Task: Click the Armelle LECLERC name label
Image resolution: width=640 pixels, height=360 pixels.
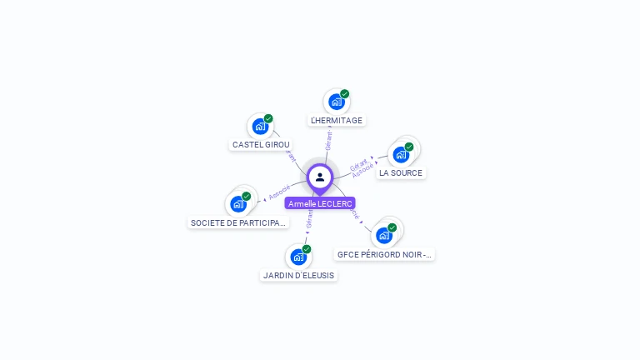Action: [320, 203]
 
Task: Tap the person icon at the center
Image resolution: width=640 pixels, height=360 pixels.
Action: [320, 177]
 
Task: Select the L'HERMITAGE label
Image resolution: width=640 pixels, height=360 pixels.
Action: [337, 120]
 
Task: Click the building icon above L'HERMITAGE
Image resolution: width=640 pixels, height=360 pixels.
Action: [336, 102]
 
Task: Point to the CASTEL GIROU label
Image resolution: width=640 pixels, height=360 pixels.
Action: [261, 144]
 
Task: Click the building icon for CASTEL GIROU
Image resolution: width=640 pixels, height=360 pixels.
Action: [260, 127]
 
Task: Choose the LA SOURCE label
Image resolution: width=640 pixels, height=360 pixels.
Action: [401, 172]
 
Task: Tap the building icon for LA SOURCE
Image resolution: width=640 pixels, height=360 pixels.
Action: [401, 155]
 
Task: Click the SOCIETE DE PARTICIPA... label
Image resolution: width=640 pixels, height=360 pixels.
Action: [239, 222]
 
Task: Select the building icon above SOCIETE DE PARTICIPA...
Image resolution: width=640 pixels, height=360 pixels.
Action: [238, 204]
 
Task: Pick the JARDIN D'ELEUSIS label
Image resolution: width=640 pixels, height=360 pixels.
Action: [298, 275]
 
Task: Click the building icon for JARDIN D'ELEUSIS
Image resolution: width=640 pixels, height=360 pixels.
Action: [298, 257]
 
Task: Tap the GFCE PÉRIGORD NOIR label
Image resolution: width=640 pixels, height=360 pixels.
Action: [385, 254]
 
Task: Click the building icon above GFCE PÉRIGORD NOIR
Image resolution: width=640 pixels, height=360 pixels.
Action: [384, 235]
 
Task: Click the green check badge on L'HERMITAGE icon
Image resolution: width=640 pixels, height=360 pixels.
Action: [345, 93]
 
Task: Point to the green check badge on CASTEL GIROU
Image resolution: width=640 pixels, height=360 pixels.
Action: [268, 118]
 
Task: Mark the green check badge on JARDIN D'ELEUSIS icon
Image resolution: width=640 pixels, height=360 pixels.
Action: [307, 249]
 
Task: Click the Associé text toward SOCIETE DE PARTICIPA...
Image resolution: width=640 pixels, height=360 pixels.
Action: [280, 193]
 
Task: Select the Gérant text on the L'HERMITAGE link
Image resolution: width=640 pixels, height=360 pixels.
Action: [329, 140]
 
